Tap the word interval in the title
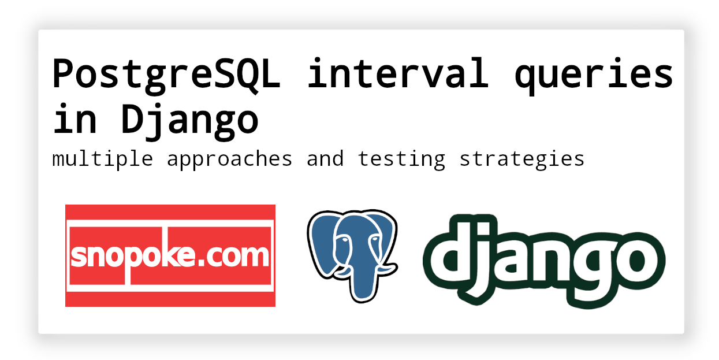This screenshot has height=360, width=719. pos(398,73)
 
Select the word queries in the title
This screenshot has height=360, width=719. pos(594,76)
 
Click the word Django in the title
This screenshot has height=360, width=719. pos(189,122)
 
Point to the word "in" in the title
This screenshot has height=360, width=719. pos(75,118)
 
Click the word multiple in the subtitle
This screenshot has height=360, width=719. pos(102,159)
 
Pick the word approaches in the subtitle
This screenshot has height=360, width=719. pos(229,159)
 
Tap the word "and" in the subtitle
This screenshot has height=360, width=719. pos(325,158)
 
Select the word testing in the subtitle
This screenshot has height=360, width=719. pos(401,159)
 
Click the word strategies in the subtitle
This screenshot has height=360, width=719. pos(522,159)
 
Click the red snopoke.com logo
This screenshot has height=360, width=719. pos(170,255)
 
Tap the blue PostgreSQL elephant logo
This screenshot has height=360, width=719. pos(352,256)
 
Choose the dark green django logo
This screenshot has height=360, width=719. pos(544,261)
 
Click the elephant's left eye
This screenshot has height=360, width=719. pos(344,240)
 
